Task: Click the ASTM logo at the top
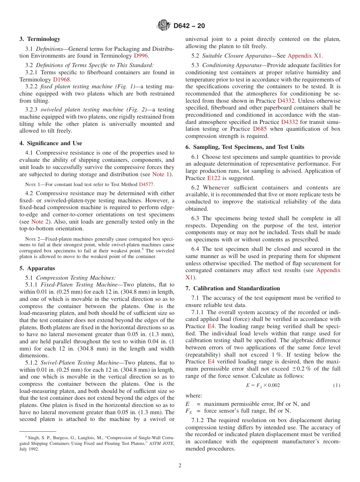point(164,26)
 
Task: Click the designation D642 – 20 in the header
point(189,26)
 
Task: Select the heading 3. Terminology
point(40,39)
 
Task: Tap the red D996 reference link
point(141,56)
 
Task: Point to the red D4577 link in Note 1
point(147,184)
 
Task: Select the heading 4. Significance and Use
point(51,143)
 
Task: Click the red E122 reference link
point(213,178)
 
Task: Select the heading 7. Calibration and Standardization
point(233,288)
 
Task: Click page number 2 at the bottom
point(180,466)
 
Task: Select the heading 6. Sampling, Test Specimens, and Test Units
point(245,147)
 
